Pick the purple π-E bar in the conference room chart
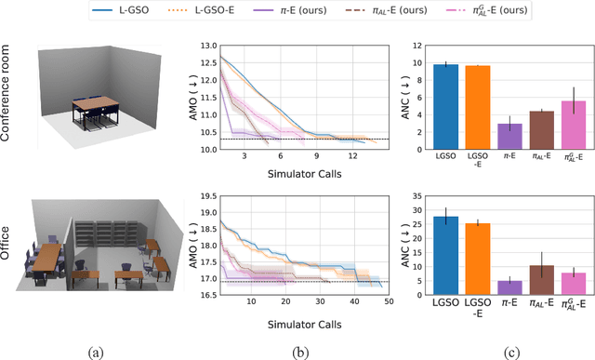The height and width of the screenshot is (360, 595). coord(509,137)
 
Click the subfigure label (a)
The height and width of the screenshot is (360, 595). coord(96,351)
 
